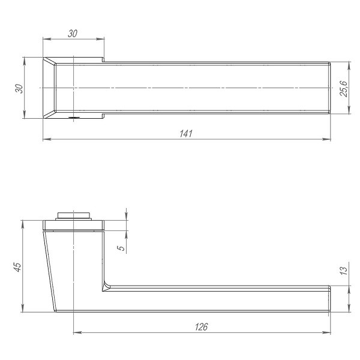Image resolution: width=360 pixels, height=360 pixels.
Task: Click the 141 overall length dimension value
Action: pyautogui.click(x=187, y=133)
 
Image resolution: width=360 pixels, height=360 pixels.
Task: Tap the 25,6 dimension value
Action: pyautogui.click(x=343, y=88)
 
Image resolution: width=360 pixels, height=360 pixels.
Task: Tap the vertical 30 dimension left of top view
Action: pyautogui.click(x=19, y=88)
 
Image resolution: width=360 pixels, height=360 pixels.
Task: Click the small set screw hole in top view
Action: pyautogui.click(x=72, y=118)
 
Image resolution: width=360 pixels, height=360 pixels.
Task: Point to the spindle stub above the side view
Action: pyautogui.click(x=73, y=215)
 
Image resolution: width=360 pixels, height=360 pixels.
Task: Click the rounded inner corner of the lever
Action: pyautogui.click(x=106, y=286)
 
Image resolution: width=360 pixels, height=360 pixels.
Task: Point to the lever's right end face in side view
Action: pyautogui.click(x=330, y=299)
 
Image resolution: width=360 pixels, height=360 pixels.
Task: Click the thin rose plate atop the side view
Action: pyautogui.click(x=73, y=226)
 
